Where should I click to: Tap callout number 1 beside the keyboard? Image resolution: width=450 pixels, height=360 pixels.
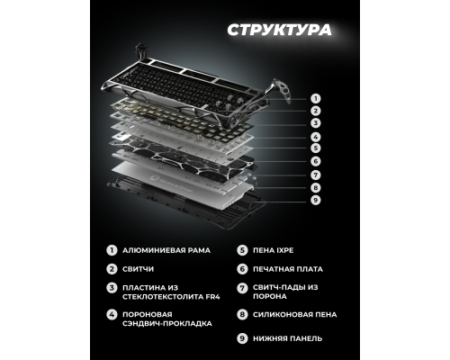(315, 97)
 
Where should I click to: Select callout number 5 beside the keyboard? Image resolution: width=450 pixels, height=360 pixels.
(315, 148)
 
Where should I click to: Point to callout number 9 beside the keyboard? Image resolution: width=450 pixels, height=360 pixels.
(315, 200)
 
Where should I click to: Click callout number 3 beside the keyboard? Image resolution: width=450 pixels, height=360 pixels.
(315, 122)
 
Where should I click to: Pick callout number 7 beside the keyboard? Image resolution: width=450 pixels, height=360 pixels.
(315, 175)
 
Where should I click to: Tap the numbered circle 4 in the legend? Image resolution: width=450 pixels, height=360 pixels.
(112, 314)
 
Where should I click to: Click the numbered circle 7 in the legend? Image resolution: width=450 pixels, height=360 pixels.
(242, 287)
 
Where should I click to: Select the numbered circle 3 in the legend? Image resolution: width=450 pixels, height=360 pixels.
(112, 287)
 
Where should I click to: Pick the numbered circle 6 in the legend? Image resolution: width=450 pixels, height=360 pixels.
(242, 268)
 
